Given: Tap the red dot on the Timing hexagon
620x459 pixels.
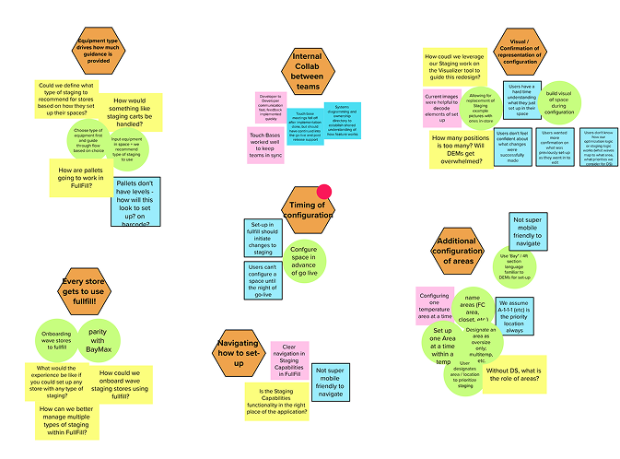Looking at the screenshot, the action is click(x=323, y=192).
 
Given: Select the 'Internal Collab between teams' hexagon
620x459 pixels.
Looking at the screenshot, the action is click(x=307, y=71).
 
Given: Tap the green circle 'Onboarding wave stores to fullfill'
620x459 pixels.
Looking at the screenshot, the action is click(x=58, y=338).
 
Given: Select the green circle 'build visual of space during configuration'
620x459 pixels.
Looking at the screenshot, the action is click(x=559, y=103).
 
